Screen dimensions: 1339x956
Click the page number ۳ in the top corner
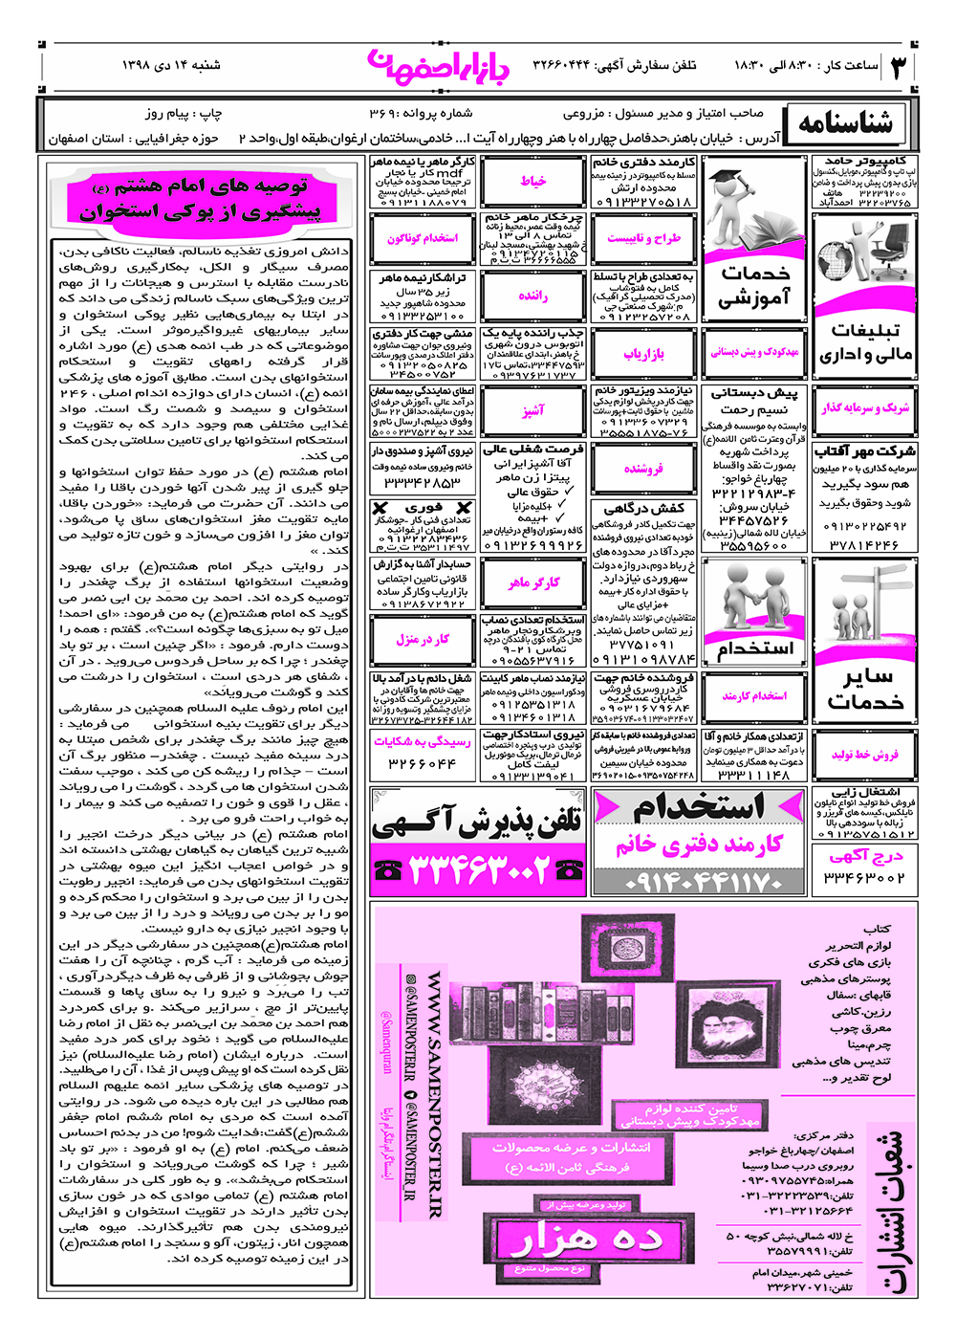click(x=899, y=66)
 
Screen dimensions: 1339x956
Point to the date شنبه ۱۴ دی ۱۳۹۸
click(x=171, y=65)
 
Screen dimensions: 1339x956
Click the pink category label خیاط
click(x=532, y=181)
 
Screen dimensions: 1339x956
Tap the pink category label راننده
click(x=532, y=296)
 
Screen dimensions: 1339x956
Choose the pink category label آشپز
click(x=532, y=410)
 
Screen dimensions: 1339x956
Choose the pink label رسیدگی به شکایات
click(x=422, y=741)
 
